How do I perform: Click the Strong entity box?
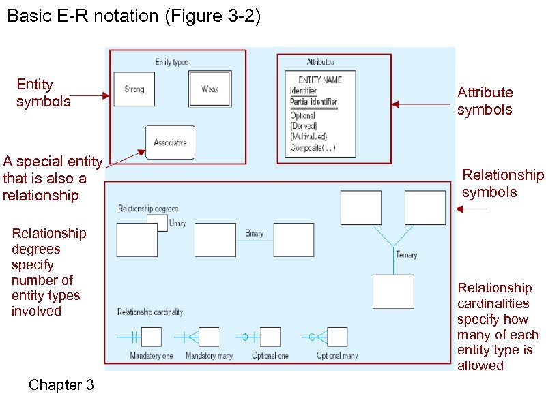click(134, 89)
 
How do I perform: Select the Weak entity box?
click(210, 89)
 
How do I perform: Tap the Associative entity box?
click(170, 142)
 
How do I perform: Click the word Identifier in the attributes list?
click(304, 91)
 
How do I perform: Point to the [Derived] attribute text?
click(304, 126)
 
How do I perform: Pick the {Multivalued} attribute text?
click(309, 136)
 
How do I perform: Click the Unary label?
click(177, 224)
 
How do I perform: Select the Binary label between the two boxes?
click(254, 234)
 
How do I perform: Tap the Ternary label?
click(406, 255)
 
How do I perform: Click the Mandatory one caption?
click(152, 356)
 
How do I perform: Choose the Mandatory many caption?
click(209, 356)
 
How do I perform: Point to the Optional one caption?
click(270, 356)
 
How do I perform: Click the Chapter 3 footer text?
click(61, 385)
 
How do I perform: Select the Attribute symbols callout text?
click(485, 101)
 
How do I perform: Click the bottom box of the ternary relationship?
click(393, 292)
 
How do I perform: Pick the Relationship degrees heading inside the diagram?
click(148, 208)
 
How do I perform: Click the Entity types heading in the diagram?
click(172, 62)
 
